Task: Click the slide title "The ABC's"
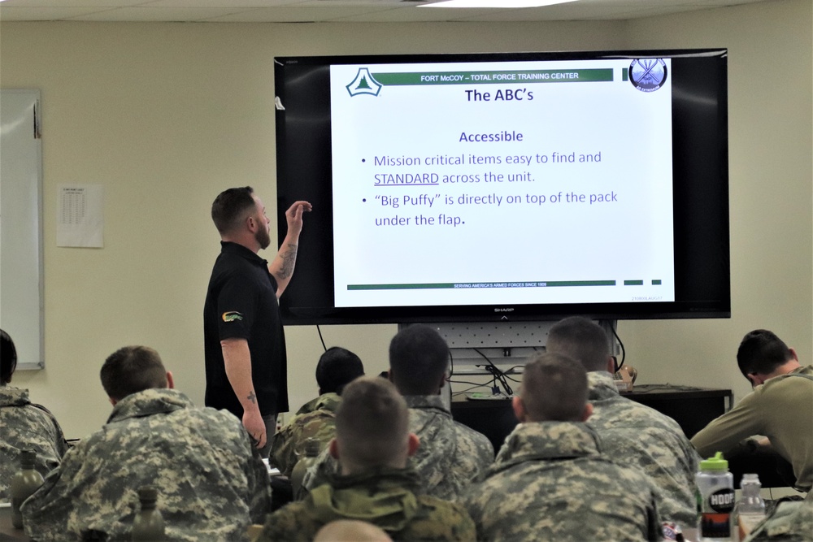tap(498, 96)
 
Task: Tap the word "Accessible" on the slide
tap(491, 137)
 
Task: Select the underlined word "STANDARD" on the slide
tap(406, 179)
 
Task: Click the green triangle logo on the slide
tap(363, 83)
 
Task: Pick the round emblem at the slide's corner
tap(647, 74)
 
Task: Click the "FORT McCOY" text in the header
tap(444, 76)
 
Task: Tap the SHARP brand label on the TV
tap(503, 310)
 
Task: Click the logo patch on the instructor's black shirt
tap(233, 316)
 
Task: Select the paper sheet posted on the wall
tap(80, 215)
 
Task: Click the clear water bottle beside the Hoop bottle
tap(750, 503)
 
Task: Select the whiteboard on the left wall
tap(20, 228)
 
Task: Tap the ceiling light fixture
tap(496, 3)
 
